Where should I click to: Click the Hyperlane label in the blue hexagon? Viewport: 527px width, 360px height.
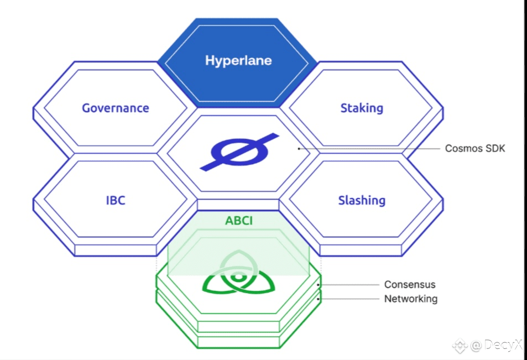[238, 60]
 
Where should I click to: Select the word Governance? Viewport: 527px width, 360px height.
[115, 108]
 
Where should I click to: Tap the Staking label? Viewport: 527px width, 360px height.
[362, 108]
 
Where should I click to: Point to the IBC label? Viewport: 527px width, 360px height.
[116, 200]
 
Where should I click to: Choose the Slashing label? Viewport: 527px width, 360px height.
[362, 200]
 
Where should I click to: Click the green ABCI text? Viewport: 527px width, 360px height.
[239, 221]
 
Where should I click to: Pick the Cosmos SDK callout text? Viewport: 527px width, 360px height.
[475, 148]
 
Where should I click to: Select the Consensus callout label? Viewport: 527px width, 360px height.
[410, 284]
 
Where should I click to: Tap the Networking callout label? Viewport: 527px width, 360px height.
[411, 299]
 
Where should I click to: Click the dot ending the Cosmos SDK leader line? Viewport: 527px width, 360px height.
[299, 149]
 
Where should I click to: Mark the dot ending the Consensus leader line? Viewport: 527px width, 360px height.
[319, 285]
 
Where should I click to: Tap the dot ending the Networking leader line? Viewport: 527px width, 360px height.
[319, 299]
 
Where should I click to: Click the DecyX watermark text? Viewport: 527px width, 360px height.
[503, 345]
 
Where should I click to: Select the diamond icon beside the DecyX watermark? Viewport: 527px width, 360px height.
[460, 346]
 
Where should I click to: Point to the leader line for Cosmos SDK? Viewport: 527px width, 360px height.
[369, 149]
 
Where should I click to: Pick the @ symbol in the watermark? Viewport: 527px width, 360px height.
[476, 346]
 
